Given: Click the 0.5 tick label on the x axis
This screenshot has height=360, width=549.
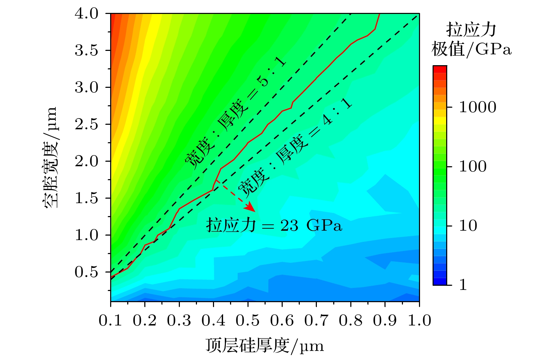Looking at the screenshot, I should click(x=247, y=321).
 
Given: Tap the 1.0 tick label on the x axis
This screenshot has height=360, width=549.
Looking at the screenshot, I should click(x=419, y=321).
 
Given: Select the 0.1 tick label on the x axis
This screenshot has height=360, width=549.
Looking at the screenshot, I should click(x=110, y=321).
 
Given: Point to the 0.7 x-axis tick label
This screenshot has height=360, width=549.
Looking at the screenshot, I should click(x=316, y=321).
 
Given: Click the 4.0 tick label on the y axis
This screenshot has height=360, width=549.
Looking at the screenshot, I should click(x=87, y=14).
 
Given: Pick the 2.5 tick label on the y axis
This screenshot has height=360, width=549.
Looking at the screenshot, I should click(x=87, y=124).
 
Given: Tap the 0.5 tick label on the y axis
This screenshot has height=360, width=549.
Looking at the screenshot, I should click(x=87, y=272).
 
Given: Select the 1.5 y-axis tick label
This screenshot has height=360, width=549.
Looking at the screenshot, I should click(x=87, y=198).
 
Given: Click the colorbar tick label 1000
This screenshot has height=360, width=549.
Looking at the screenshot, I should click(x=477, y=107).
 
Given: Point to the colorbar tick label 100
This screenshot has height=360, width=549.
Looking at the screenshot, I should click(x=473, y=166).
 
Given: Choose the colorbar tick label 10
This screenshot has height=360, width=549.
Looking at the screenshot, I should click(x=468, y=226).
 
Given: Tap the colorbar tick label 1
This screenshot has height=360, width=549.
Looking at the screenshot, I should click(x=463, y=285).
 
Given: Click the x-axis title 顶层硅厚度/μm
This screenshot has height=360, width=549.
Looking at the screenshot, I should click(x=265, y=346).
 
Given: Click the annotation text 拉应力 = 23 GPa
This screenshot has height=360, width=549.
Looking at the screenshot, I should click(x=274, y=225).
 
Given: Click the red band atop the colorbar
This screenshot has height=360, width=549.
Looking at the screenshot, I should click(x=440, y=69).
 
